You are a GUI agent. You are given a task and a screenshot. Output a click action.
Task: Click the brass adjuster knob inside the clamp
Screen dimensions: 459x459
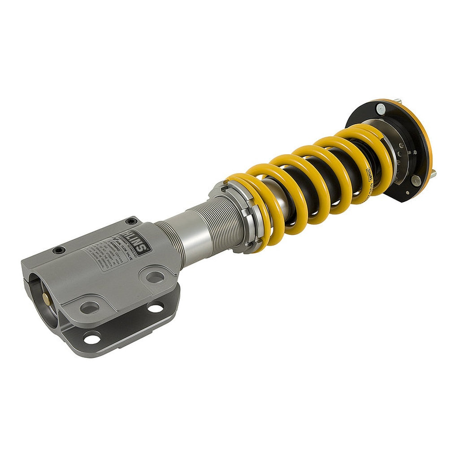[x=46, y=297]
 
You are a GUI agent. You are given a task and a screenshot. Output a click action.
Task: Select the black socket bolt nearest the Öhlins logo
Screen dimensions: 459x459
[x=131, y=221]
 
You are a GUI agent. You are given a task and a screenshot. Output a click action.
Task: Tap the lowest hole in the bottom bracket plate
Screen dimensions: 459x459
[x=92, y=339]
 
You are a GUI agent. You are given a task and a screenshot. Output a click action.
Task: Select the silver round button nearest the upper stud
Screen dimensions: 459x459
[x=381, y=107]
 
